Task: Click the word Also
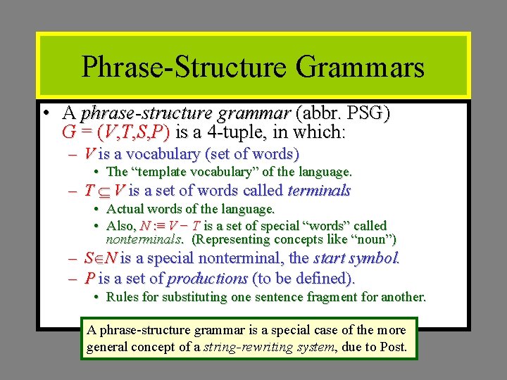pos(120,225)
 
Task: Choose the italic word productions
pos(207,278)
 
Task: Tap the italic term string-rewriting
pos(246,346)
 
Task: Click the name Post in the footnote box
pos(396,346)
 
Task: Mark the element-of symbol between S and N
pos(99,258)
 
